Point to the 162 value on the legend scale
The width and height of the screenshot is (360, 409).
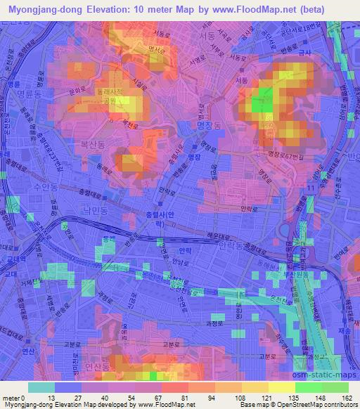coord(347,398)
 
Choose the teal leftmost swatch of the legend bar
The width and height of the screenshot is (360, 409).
coord(41,387)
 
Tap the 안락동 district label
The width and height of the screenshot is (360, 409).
coord(231,247)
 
